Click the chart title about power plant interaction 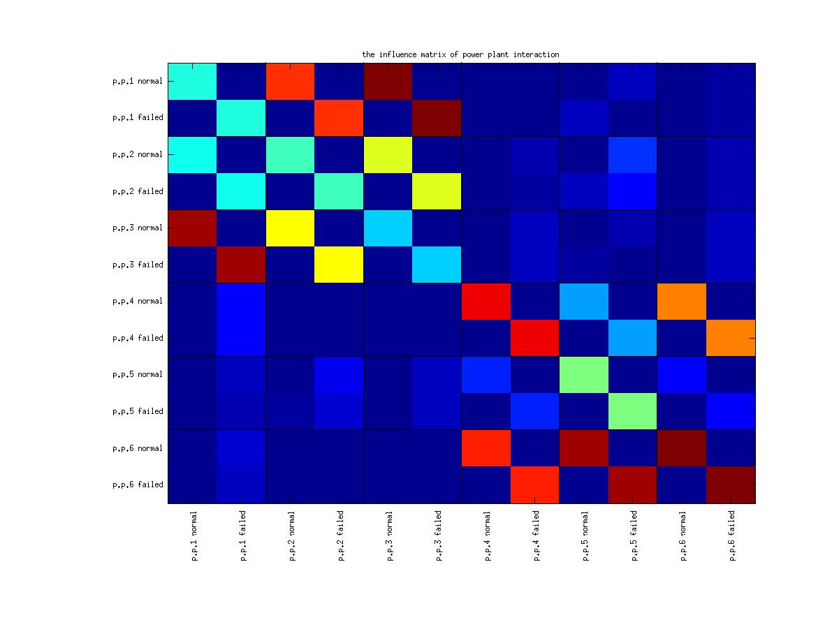pyautogui.click(x=460, y=54)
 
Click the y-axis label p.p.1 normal pyautogui.click(x=138, y=81)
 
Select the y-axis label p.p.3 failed pyautogui.click(x=138, y=265)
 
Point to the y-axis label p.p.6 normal pyautogui.click(x=138, y=448)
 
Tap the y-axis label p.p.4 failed pyautogui.click(x=138, y=338)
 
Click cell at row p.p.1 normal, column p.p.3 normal pyautogui.click(x=388, y=81)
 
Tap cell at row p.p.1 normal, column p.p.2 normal pyautogui.click(x=290, y=81)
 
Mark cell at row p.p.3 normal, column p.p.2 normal pyautogui.click(x=290, y=228)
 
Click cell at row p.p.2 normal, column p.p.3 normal pyautogui.click(x=388, y=154)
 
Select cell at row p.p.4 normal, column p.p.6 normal pyautogui.click(x=682, y=301)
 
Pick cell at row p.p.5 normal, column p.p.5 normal pyautogui.click(x=584, y=374)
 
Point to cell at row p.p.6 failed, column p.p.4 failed pyautogui.click(x=535, y=484)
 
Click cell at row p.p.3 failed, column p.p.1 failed pyautogui.click(x=241, y=265)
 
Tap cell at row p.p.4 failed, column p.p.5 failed pyautogui.click(x=633, y=338)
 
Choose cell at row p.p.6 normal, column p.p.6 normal pyautogui.click(x=682, y=448)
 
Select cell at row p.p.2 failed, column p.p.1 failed pyautogui.click(x=241, y=191)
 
